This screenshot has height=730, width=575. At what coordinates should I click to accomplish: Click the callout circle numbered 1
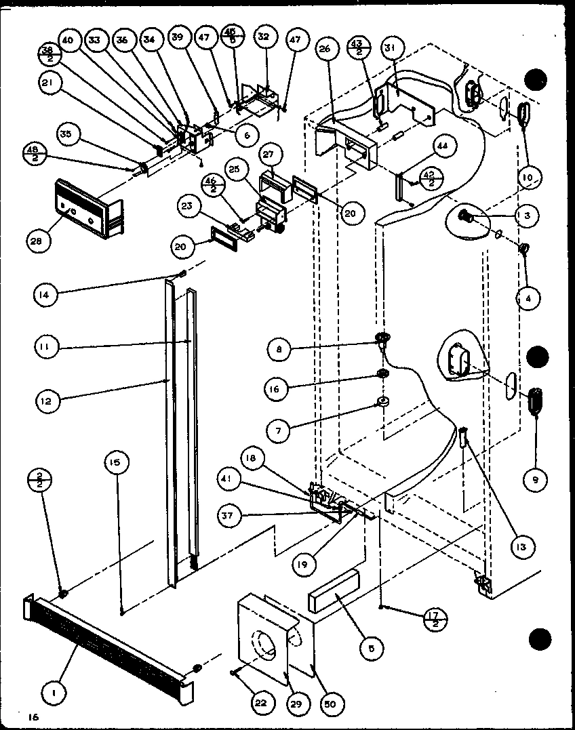[x=50, y=692]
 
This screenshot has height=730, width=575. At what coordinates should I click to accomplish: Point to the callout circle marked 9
[x=535, y=480]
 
